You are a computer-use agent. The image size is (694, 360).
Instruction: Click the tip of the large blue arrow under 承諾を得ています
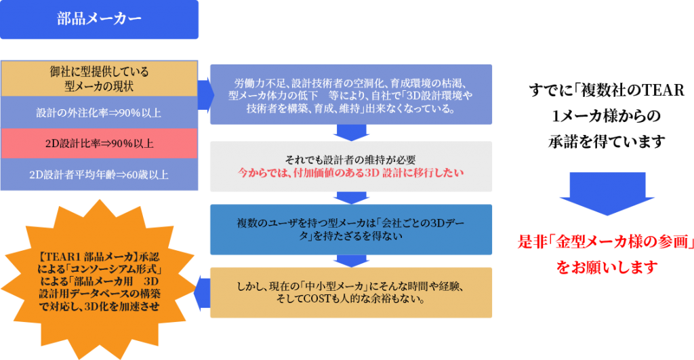click(x=607, y=215)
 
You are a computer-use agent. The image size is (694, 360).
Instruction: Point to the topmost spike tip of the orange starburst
click(x=100, y=200)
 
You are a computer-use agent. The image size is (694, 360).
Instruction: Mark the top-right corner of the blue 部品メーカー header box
click(x=199, y=1)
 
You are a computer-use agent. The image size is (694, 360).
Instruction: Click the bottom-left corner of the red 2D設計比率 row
click(x=1, y=159)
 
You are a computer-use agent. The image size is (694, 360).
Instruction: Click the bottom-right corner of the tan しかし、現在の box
click(x=492, y=317)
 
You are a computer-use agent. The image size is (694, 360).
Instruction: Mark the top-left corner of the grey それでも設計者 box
click(x=210, y=142)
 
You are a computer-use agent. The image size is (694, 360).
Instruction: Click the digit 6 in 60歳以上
click(x=129, y=175)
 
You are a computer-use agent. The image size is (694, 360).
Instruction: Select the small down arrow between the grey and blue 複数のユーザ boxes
click(x=352, y=198)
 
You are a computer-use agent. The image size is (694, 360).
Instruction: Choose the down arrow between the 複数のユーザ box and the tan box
click(x=352, y=261)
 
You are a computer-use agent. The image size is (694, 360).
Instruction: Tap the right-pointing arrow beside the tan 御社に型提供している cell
click(x=206, y=95)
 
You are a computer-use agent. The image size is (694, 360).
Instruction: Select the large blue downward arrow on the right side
click(x=607, y=194)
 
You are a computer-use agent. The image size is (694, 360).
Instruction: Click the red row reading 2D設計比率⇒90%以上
click(x=99, y=144)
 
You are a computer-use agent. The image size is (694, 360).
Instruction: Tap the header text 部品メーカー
click(x=99, y=18)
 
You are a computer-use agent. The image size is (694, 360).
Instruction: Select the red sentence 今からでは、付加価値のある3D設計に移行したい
click(x=351, y=173)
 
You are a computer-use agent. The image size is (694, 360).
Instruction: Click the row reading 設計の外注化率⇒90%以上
click(x=99, y=113)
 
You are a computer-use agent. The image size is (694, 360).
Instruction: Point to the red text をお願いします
click(x=607, y=267)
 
